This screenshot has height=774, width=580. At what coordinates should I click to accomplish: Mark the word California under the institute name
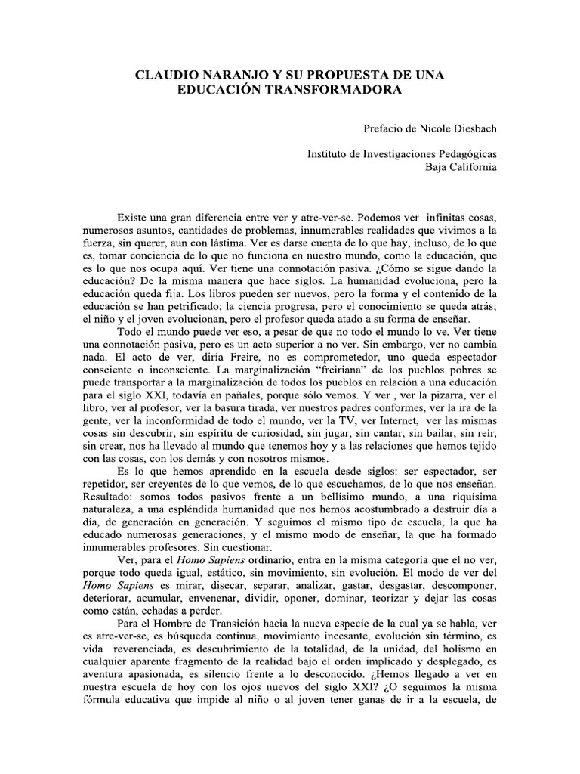471,167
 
